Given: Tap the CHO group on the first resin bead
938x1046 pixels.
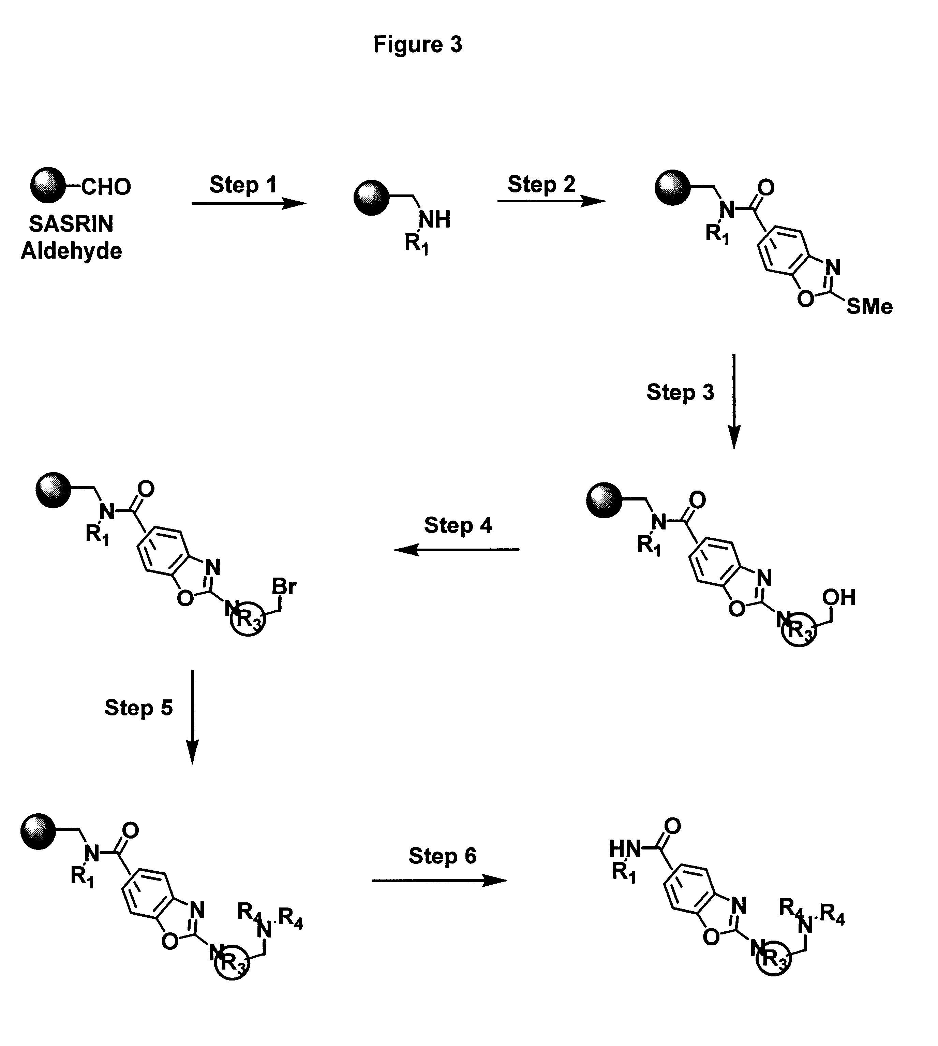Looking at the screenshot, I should [x=106, y=187].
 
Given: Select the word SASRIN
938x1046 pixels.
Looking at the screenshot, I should [x=71, y=224].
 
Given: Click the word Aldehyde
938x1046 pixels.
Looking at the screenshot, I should [x=71, y=251].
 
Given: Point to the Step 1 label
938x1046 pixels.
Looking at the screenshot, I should [x=243, y=185].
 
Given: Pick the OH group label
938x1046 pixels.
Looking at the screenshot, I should [x=838, y=598].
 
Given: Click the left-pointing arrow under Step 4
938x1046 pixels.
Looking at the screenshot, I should [x=456, y=550].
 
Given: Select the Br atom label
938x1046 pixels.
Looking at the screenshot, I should [x=284, y=586].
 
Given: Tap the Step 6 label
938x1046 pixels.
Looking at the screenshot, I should [x=442, y=856].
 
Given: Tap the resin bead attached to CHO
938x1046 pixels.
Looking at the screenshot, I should [x=47, y=185].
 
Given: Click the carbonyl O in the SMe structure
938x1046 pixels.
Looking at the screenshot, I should [x=766, y=187].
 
